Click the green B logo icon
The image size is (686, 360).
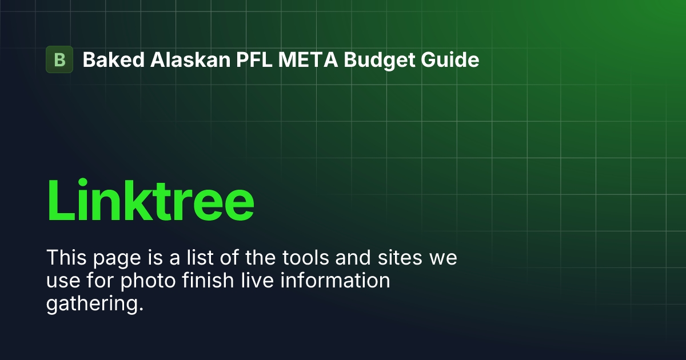coord(59,59)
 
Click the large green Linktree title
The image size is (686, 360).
coord(150,200)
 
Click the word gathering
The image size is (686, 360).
coord(93,305)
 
